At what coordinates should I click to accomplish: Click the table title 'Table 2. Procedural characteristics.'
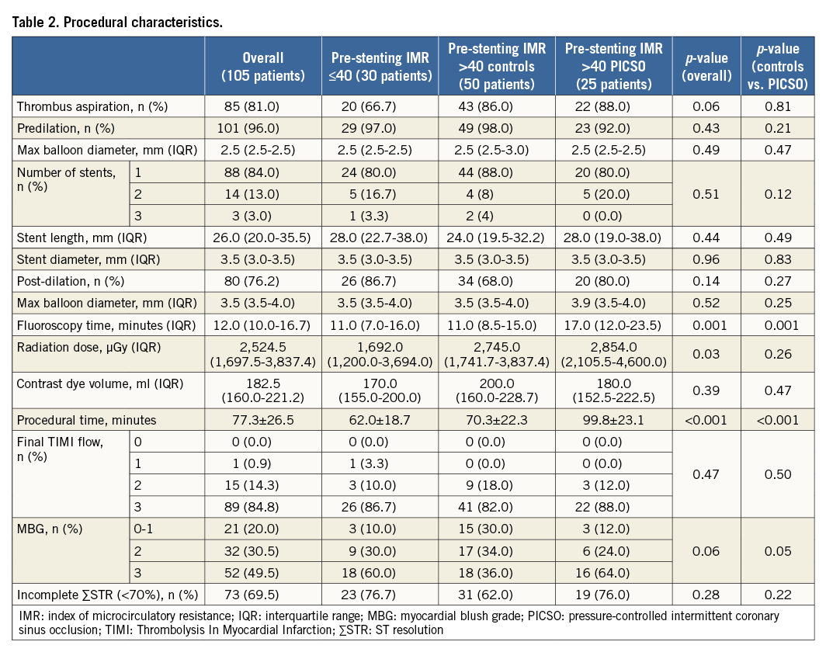coord(117,22)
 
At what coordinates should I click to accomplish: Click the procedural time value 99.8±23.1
coord(614,419)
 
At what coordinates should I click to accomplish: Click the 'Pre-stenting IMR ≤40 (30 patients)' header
coord(381,67)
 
